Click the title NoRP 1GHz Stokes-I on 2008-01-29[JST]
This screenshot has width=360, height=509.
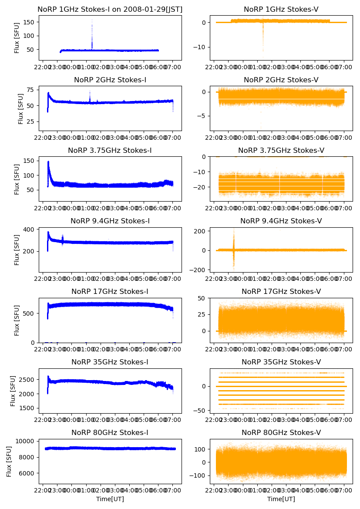coord(110,9)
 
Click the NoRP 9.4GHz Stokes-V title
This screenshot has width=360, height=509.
coord(281,221)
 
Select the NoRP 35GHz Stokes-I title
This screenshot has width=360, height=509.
coord(110,362)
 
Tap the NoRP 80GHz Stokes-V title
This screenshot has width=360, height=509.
coord(281,433)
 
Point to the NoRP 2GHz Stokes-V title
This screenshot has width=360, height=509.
coord(281,80)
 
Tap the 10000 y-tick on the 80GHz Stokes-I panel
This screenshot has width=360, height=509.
coord(26,441)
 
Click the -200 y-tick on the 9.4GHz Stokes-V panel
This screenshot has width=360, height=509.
coord(200,270)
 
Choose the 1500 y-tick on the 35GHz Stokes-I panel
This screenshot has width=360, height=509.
coord(28,408)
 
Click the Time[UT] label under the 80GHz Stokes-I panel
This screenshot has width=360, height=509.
coord(110,499)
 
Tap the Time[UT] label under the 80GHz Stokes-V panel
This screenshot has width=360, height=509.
coord(281,499)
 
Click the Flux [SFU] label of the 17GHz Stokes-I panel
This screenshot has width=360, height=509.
coord(17,320)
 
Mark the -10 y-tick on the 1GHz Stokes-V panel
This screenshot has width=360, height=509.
coord(202,47)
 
